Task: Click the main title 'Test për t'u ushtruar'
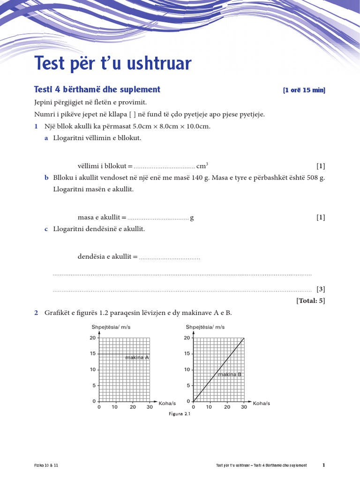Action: coord(113,64)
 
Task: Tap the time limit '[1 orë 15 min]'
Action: coord(304,90)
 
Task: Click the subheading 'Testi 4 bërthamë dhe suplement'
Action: coord(97,90)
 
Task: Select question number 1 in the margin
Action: coord(36,127)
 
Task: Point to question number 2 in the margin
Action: coord(36,313)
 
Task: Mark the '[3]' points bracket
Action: coord(321,289)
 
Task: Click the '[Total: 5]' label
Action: coord(310,300)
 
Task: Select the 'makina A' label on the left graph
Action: coord(137,358)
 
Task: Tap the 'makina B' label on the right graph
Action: coord(230,374)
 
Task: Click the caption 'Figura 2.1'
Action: coord(180,414)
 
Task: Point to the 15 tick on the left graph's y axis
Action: coord(93,353)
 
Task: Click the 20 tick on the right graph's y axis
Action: coord(187,338)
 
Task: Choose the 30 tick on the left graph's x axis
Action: coord(150,407)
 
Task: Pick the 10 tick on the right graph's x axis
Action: coord(210,407)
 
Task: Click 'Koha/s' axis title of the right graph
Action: coord(262,403)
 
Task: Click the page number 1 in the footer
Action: coord(323,465)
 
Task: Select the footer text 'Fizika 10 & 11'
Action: coord(46,465)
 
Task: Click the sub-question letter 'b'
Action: coord(46,178)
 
